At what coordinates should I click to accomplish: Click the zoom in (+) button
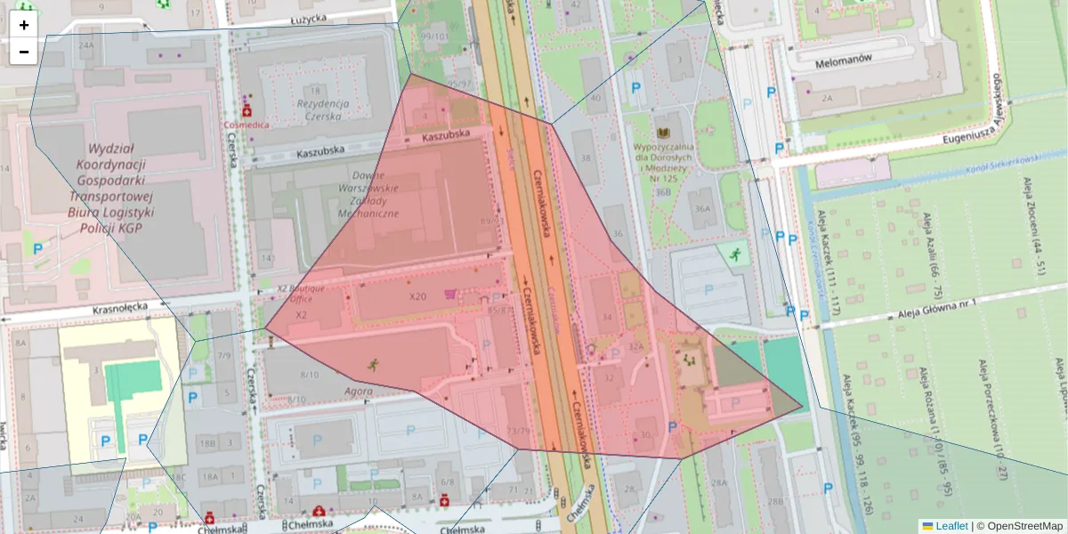pos(24,25)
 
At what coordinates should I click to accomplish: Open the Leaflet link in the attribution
pos(951,526)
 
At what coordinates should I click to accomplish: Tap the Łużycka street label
pos(317,19)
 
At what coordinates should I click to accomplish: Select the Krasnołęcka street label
pos(119,311)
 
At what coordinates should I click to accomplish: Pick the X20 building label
pos(417,296)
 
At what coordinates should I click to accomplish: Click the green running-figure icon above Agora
pos(372,364)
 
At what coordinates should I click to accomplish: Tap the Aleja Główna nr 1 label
pos(936,302)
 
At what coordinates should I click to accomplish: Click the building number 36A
pos(703,209)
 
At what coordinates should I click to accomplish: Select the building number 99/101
pos(435,36)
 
